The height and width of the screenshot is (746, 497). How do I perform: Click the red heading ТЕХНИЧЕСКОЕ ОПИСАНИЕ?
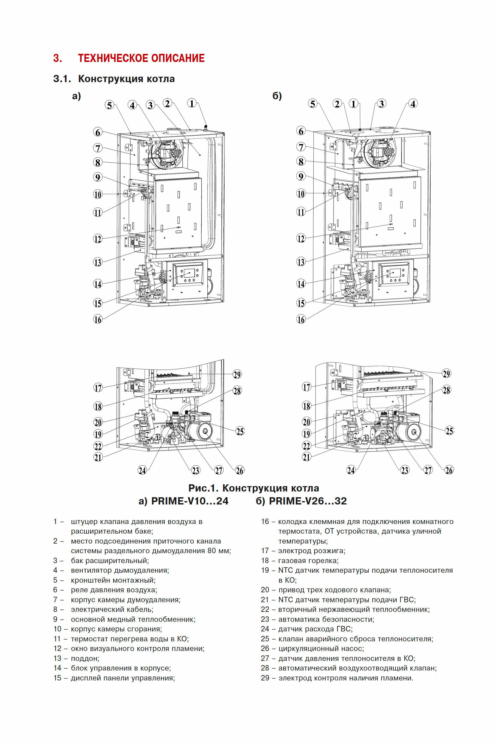(x=141, y=58)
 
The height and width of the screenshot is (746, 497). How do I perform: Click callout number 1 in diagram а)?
(x=192, y=103)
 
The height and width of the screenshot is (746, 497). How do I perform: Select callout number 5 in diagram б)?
(x=313, y=104)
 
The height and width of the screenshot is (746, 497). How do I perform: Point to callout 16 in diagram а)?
(x=98, y=319)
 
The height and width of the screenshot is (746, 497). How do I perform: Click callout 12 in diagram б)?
(x=301, y=238)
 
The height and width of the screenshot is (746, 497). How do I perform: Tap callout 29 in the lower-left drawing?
(x=237, y=375)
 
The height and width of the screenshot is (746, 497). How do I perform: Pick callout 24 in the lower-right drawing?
(x=351, y=470)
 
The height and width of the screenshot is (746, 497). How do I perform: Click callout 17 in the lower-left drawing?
(x=98, y=387)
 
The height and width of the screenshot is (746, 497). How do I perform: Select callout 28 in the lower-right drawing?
(x=446, y=390)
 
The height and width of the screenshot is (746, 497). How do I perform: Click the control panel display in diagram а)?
(x=190, y=273)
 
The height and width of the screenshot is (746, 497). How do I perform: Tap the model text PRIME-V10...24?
(x=190, y=501)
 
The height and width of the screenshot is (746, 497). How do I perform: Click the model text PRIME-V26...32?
(x=307, y=501)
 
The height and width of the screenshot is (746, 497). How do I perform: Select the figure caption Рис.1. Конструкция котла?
(x=254, y=488)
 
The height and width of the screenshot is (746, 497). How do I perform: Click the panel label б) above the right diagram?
(x=277, y=96)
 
